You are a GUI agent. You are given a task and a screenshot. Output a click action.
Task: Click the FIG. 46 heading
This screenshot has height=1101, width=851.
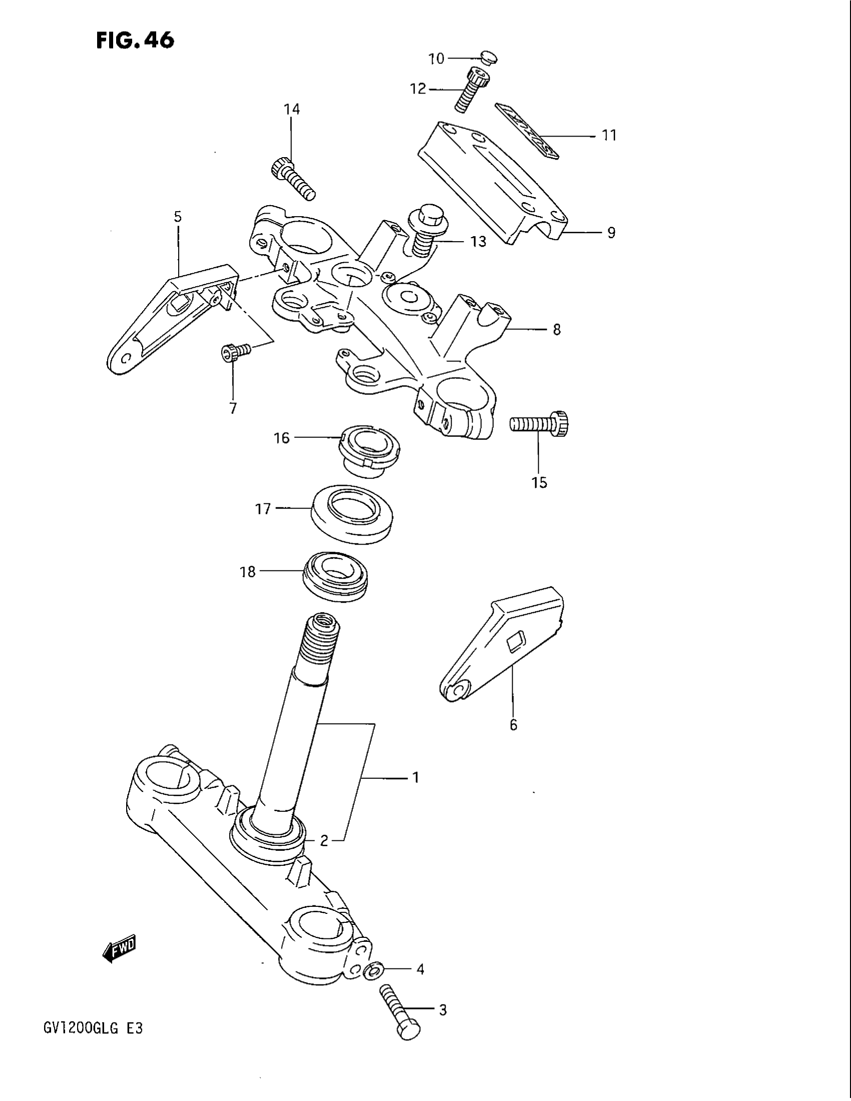click(135, 40)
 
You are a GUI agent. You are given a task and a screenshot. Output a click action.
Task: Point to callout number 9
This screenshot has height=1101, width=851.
click(611, 233)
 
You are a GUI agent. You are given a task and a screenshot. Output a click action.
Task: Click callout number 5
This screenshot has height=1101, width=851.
click(178, 217)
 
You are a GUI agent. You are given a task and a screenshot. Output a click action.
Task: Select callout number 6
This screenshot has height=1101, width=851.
click(513, 725)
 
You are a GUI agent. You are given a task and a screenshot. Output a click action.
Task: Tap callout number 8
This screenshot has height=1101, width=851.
click(557, 330)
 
